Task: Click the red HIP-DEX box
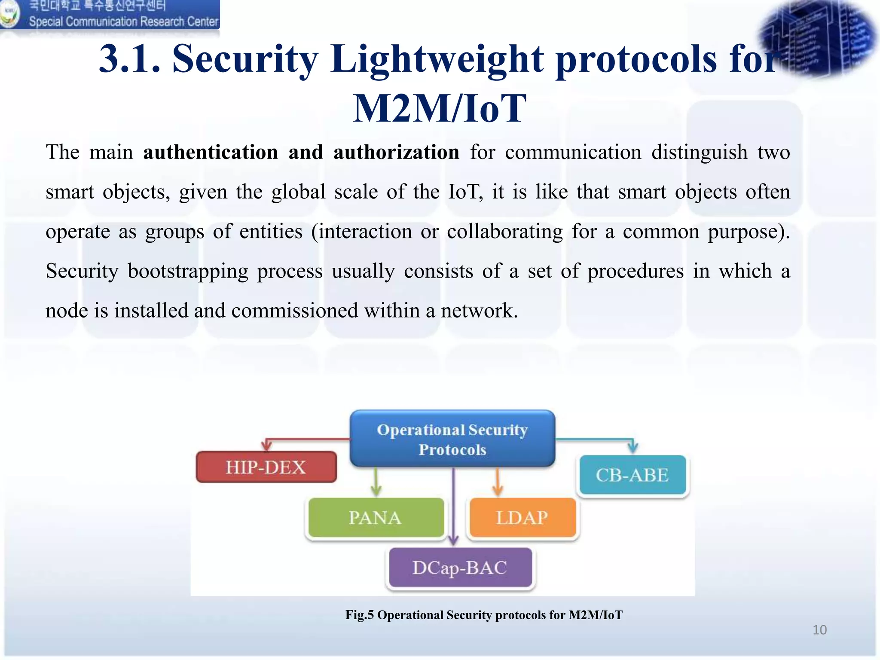(266, 467)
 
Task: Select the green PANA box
(375, 518)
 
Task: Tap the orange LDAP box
(522, 518)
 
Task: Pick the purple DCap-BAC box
(460, 568)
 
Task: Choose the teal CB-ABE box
(632, 475)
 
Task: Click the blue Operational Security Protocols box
(452, 439)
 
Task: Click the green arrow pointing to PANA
(376, 483)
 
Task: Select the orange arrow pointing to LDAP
(498, 483)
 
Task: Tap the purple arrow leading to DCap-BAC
(454, 507)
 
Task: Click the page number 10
(819, 630)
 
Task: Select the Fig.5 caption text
(484, 615)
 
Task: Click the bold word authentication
(211, 153)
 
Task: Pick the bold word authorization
(396, 153)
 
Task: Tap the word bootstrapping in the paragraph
(188, 272)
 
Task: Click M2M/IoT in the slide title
(440, 108)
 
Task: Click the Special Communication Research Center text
(123, 21)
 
